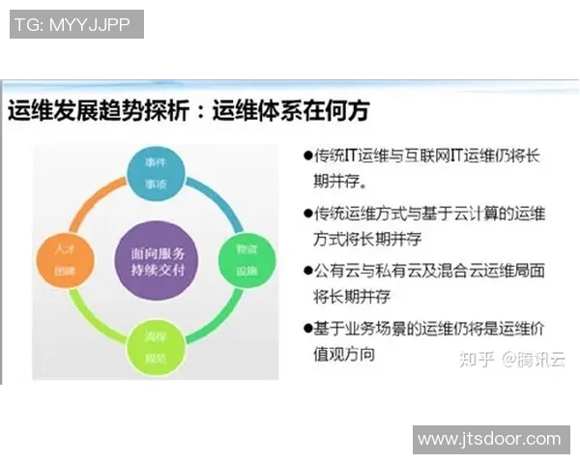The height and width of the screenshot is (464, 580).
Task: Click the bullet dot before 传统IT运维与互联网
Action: pos(307,155)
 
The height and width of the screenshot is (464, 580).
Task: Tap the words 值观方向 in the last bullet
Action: pos(344,354)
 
